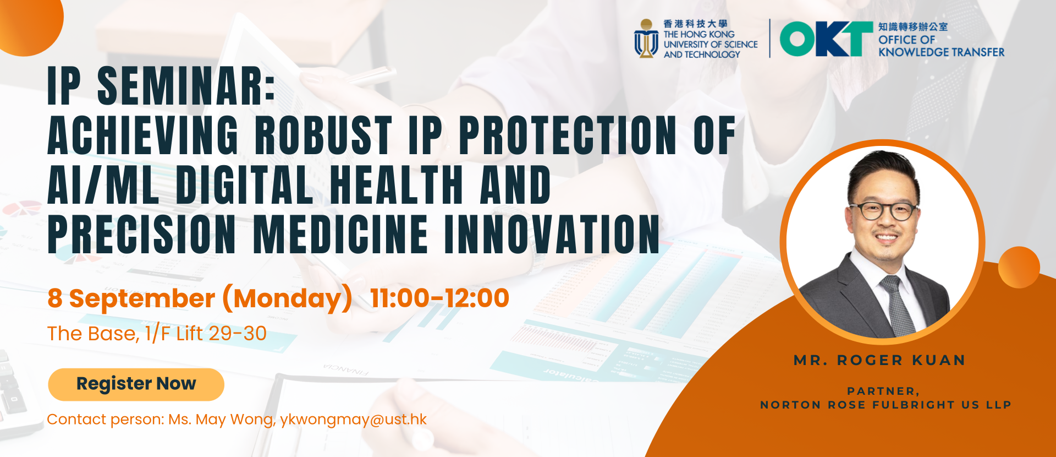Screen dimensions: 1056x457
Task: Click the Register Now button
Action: click(136, 384)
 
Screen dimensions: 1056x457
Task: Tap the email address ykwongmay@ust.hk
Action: click(353, 420)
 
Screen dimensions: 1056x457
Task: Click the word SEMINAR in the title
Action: click(186, 86)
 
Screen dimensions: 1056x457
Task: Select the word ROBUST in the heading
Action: click(323, 135)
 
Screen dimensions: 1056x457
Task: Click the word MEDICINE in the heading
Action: click(340, 234)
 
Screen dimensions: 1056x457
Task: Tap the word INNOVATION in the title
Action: click(552, 234)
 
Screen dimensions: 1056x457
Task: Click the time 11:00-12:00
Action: click(439, 298)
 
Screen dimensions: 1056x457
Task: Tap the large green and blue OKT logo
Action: click(826, 39)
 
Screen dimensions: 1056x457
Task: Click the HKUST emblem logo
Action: click(646, 39)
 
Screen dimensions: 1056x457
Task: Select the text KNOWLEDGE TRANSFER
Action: click(941, 52)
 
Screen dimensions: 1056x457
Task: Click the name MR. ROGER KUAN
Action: click(879, 361)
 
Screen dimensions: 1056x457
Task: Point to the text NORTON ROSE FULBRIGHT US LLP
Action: click(886, 405)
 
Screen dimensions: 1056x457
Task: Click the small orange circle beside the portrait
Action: click(1019, 267)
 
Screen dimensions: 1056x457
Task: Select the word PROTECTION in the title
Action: click(568, 135)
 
